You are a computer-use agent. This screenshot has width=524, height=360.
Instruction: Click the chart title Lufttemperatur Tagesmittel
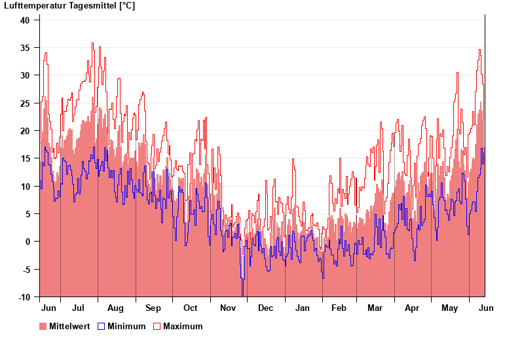(70, 6)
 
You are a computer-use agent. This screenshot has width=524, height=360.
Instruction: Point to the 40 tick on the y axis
(25, 20)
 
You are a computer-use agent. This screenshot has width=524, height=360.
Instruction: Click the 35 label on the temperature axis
(25, 48)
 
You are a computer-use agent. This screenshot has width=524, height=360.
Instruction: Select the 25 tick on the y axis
(25, 103)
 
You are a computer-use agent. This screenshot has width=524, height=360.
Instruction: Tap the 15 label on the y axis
(25, 158)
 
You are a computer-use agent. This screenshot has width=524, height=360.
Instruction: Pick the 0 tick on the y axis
(28, 242)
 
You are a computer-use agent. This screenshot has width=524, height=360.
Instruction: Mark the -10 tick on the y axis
(24, 297)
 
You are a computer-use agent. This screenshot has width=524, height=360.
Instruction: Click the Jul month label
(78, 308)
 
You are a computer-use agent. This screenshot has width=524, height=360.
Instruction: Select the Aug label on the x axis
(115, 308)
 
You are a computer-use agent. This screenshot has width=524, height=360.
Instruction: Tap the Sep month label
(153, 308)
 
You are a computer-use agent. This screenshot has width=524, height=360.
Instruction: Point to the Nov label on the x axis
(228, 308)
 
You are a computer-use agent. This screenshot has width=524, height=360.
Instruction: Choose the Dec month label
(265, 308)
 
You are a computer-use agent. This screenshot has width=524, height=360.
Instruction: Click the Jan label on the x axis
(303, 308)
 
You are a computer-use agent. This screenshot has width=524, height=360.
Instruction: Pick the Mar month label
(375, 308)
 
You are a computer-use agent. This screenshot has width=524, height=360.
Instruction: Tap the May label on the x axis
(449, 308)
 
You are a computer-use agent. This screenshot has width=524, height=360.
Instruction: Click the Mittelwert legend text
(69, 327)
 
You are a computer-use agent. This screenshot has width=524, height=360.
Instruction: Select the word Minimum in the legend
(126, 327)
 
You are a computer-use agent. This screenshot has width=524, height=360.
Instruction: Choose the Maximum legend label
(183, 327)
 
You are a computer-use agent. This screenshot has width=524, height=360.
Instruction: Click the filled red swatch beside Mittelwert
(43, 327)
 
